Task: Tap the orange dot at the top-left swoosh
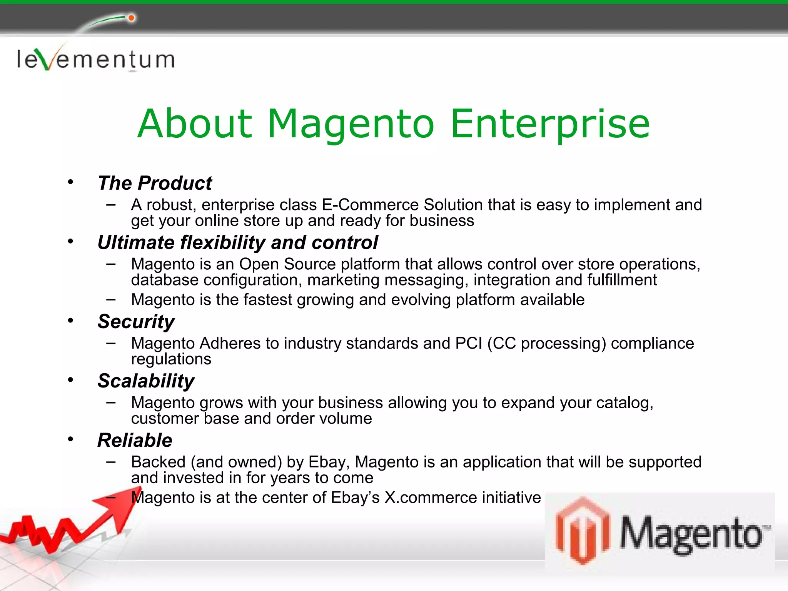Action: click(x=131, y=18)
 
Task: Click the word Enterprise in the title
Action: click(x=550, y=124)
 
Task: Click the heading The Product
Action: click(x=155, y=183)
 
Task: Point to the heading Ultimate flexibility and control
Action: click(x=237, y=243)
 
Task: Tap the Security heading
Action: click(x=136, y=322)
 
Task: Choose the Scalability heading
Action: click(x=146, y=381)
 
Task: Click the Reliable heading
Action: click(x=135, y=440)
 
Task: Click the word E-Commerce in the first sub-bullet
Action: click(x=370, y=205)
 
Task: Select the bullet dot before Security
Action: click(x=70, y=320)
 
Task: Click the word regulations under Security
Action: click(x=171, y=359)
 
